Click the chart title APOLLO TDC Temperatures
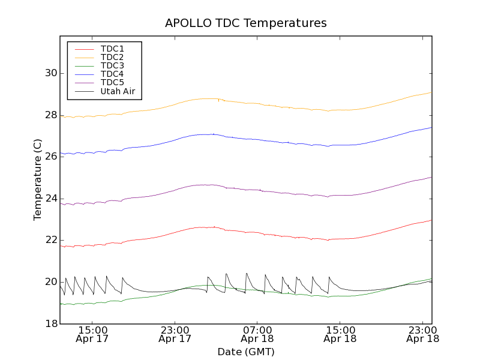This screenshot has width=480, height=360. click(245, 23)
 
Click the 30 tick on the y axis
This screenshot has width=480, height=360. click(50, 73)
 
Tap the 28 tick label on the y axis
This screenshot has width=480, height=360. click(50, 115)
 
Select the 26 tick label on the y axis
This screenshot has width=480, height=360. click(50, 157)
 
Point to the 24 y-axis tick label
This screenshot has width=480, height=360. click(50, 198)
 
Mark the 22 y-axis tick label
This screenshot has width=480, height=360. click(50, 240)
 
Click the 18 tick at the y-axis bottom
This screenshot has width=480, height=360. click(50, 323)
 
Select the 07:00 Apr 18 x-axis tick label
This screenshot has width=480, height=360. click(257, 334)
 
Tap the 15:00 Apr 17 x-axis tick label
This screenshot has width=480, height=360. click(92, 334)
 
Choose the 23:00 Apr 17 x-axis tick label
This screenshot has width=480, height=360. click(175, 334)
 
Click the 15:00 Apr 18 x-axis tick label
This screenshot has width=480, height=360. click(340, 334)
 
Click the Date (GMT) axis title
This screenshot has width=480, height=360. click(245, 352)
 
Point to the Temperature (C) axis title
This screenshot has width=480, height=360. click(38, 180)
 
